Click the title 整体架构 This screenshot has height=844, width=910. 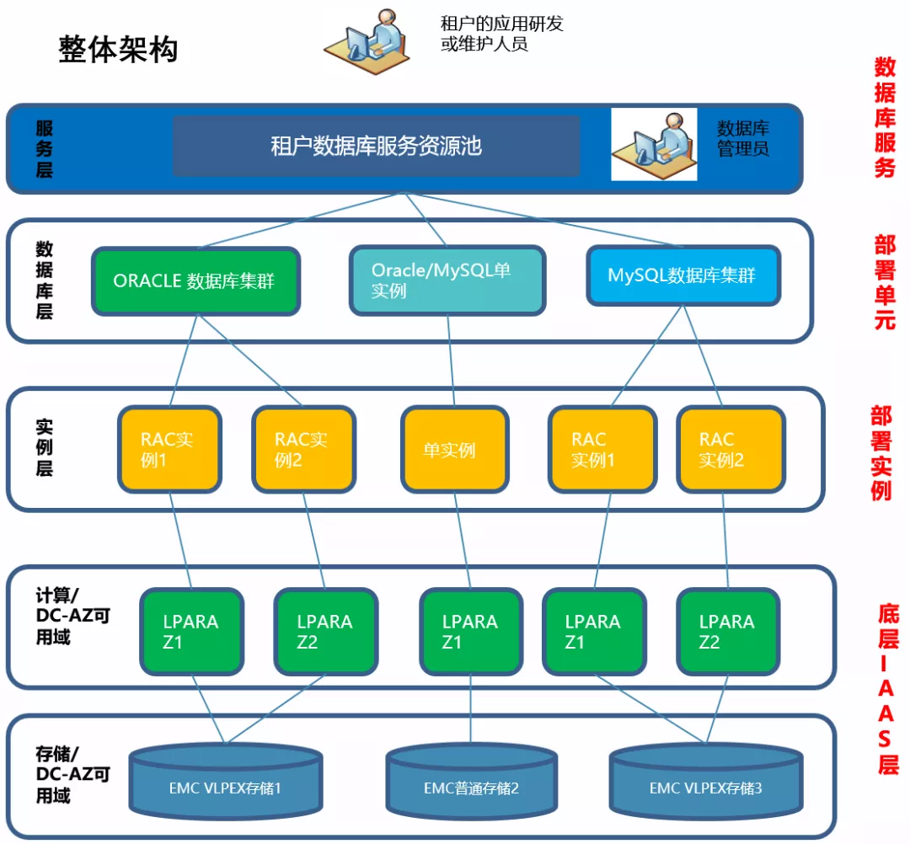pos(118,49)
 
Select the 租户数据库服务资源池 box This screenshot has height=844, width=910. pos(376,146)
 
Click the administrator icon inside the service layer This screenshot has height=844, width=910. pos(653,144)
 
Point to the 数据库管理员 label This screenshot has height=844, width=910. pos(743,139)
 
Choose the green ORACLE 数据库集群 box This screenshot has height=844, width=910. pos(195,281)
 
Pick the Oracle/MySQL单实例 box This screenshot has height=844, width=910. pos(447,281)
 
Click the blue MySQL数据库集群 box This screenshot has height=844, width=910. pos(682,275)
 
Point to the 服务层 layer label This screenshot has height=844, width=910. pos(44,148)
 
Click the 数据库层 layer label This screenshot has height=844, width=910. pos(44,280)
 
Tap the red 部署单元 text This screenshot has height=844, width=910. pos(884,281)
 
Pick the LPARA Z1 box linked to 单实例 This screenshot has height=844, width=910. pos(470,632)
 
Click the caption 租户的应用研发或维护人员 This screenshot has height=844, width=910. pos(501,34)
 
